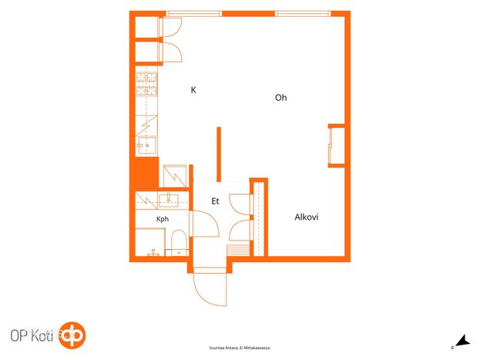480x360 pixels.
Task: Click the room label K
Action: pyautogui.click(x=193, y=89)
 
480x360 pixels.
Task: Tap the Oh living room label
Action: pyautogui.click(x=280, y=98)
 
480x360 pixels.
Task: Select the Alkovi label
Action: pyautogui.click(x=306, y=217)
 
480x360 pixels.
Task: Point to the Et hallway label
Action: pyautogui.click(x=215, y=201)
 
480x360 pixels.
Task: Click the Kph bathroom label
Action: pyautogui.click(x=163, y=219)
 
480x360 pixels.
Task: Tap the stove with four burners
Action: pyautogui.click(x=146, y=83)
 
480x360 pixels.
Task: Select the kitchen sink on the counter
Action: pyautogui.click(x=146, y=145)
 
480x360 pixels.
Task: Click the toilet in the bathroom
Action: pyautogui.click(x=179, y=243)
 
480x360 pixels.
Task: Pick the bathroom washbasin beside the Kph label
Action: pyautogui.click(x=168, y=199)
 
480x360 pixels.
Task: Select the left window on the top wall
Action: pyautogui.click(x=193, y=13)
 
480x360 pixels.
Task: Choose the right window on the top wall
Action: pyautogui.click(x=303, y=13)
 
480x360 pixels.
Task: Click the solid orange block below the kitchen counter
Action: pyautogui.click(x=147, y=173)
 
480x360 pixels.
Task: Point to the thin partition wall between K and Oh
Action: pyautogui.click(x=219, y=154)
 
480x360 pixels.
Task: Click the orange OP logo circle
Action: pyautogui.click(x=72, y=335)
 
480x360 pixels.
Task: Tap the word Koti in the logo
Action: pyautogui.click(x=42, y=336)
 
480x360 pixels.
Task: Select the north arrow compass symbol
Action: pyautogui.click(x=462, y=341)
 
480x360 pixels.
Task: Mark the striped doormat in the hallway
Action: pyautogui.click(x=238, y=251)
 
